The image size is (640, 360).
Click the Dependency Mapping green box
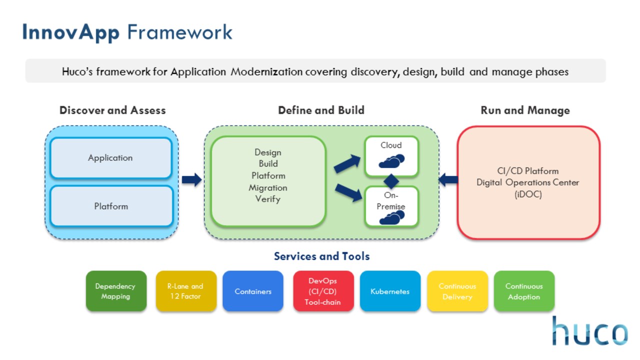pos(116,291)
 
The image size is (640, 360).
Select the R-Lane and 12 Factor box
pos(186,291)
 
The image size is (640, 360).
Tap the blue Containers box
pos(253,291)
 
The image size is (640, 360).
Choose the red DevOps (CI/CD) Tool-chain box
pos(323,291)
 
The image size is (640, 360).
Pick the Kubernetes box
pos(390,291)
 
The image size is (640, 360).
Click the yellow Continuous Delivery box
pos(457,291)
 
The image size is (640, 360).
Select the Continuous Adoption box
pos(524,291)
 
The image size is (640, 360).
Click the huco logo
pos(590,331)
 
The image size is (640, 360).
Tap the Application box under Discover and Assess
pos(110,158)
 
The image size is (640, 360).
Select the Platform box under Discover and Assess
pos(111,206)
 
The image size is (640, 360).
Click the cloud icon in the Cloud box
pos(391,161)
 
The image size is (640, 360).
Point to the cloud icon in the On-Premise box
pos(391,217)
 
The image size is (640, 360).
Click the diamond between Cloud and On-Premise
pos(391,181)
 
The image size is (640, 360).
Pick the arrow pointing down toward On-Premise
pos(348,192)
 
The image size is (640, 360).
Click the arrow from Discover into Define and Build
pos(191,180)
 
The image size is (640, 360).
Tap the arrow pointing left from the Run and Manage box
pos(448,180)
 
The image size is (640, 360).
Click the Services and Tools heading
pos(322,256)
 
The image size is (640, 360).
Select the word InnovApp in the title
pos(71,32)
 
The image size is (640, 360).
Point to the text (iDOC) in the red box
pos(528,194)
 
